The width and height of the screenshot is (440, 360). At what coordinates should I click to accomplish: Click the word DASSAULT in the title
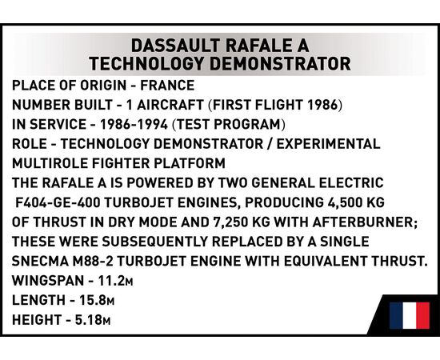[175, 46]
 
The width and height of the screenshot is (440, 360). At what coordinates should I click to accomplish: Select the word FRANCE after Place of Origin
[167, 86]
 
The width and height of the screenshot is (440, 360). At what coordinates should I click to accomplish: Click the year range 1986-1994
[134, 124]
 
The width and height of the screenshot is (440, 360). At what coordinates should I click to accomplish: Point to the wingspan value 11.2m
[115, 281]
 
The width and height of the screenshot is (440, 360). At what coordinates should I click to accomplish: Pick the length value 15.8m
[97, 300]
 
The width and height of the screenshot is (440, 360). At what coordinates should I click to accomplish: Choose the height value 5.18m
[93, 319]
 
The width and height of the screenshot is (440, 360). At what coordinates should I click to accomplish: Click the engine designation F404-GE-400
[58, 202]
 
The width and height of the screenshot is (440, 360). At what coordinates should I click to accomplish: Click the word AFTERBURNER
[363, 222]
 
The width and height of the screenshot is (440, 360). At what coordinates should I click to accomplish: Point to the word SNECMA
[40, 262]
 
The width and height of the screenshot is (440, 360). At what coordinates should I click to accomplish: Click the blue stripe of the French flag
[396, 315]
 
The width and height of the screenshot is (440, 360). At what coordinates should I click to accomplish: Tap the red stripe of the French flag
[422, 315]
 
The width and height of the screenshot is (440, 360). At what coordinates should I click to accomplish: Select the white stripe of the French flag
[410, 315]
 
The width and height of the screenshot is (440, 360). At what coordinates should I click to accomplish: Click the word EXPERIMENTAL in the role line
[328, 144]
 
